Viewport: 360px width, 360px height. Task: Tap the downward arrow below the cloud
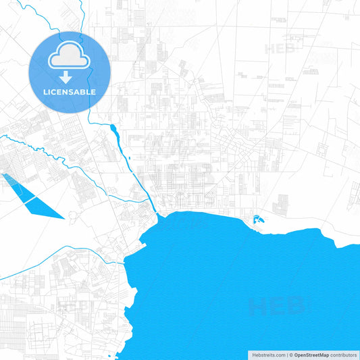(x=69, y=78)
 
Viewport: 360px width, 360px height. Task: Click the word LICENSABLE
(x=69, y=92)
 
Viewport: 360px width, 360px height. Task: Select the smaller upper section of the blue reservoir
(x=15, y=184)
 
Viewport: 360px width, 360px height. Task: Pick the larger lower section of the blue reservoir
(x=45, y=207)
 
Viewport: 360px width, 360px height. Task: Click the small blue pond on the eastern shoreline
(x=257, y=219)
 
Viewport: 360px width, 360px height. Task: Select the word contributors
(x=343, y=354)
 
